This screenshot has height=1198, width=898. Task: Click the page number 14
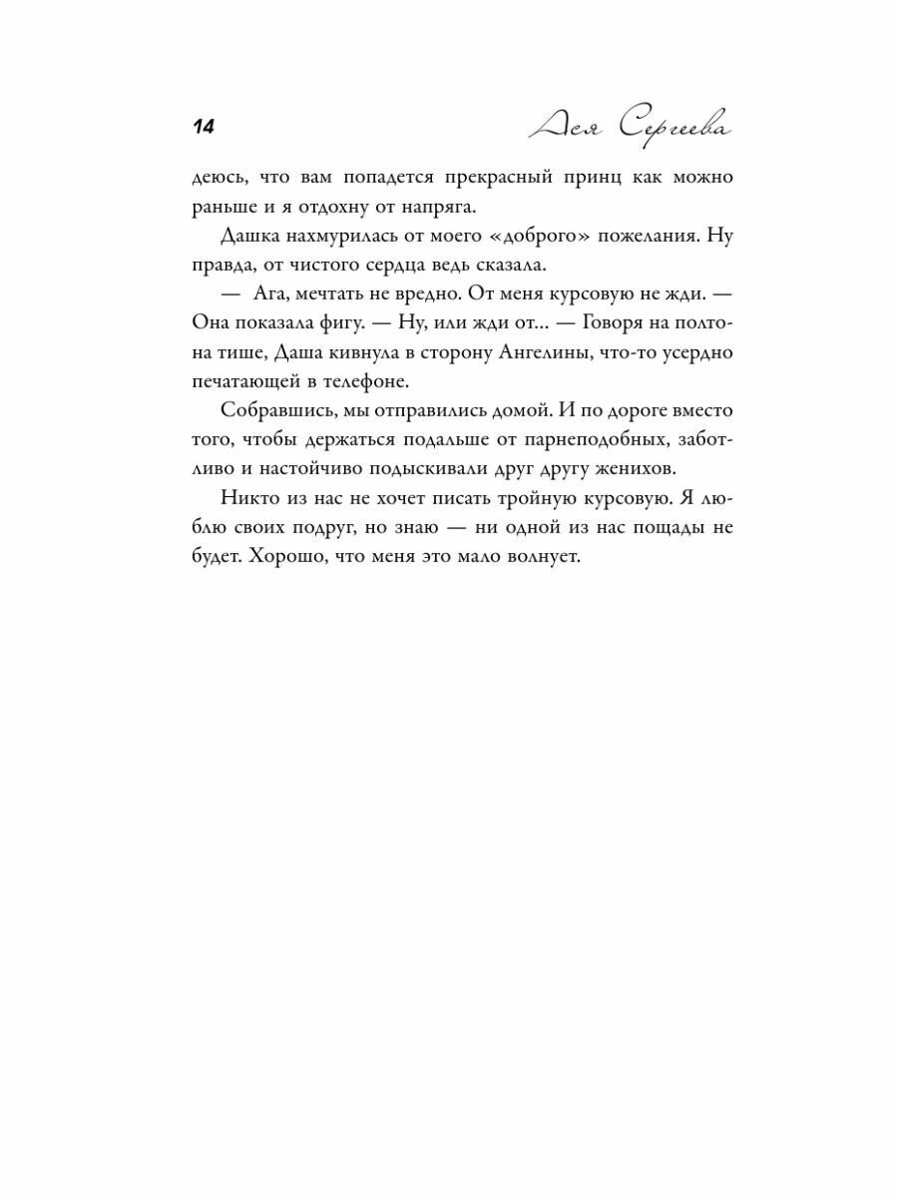203,127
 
